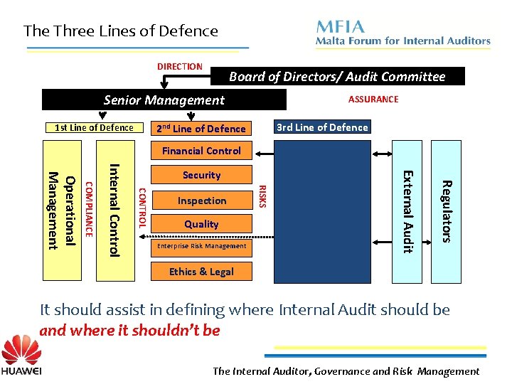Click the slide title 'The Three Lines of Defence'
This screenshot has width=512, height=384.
coord(120,31)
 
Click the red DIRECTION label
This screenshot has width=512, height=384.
coord(180,67)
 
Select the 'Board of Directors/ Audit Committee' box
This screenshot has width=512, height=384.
coord(337,77)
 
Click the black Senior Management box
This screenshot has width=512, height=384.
coord(164,100)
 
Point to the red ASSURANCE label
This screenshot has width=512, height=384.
coord(373,100)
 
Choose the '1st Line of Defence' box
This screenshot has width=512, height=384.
coord(95,128)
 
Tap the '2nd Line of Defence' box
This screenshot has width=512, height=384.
coord(201,129)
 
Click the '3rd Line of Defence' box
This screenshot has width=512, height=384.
coord(322,127)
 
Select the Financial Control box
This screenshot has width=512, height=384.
coord(201,151)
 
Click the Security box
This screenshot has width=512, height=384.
coord(201,175)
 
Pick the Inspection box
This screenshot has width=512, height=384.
coord(201,201)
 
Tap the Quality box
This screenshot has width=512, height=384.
coord(201,224)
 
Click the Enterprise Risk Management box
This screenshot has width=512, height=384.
coord(201,246)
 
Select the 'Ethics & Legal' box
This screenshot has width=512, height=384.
coord(201,272)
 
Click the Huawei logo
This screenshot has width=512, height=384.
coord(21,357)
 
